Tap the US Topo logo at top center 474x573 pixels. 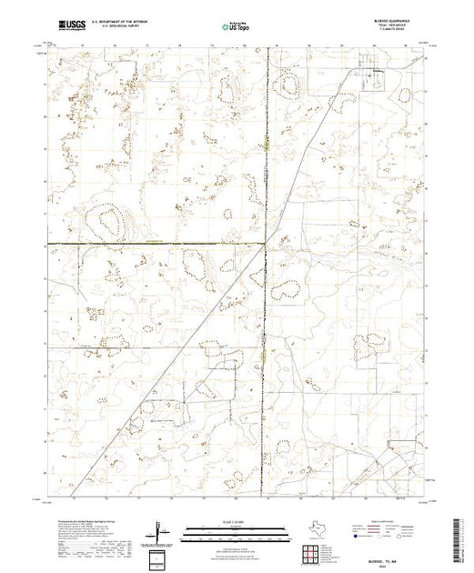tap(237, 25)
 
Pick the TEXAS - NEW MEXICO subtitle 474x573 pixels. tap(390, 26)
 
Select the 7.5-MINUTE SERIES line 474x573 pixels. tap(392, 31)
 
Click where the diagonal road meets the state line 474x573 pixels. tap(266, 244)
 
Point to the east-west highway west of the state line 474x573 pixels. tap(155, 244)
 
